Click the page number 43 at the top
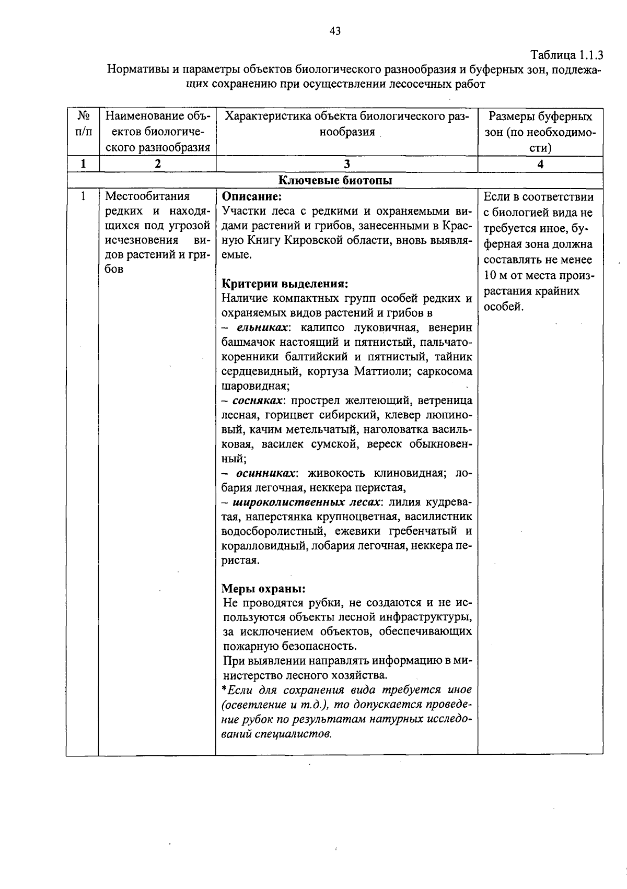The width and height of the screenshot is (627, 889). pyautogui.click(x=335, y=31)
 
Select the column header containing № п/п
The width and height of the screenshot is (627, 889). pyautogui.click(x=83, y=124)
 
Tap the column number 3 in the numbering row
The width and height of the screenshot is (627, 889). pyautogui.click(x=346, y=164)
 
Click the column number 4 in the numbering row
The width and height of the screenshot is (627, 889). pyautogui.click(x=540, y=164)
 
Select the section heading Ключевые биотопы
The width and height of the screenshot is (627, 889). pyautogui.click(x=335, y=180)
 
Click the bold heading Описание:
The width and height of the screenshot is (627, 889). pyautogui.click(x=252, y=197)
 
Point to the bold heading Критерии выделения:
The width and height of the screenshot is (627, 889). pyautogui.click(x=285, y=284)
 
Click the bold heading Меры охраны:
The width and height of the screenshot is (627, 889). pyautogui.click(x=263, y=588)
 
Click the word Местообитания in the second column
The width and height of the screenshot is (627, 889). pyautogui.click(x=147, y=197)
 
